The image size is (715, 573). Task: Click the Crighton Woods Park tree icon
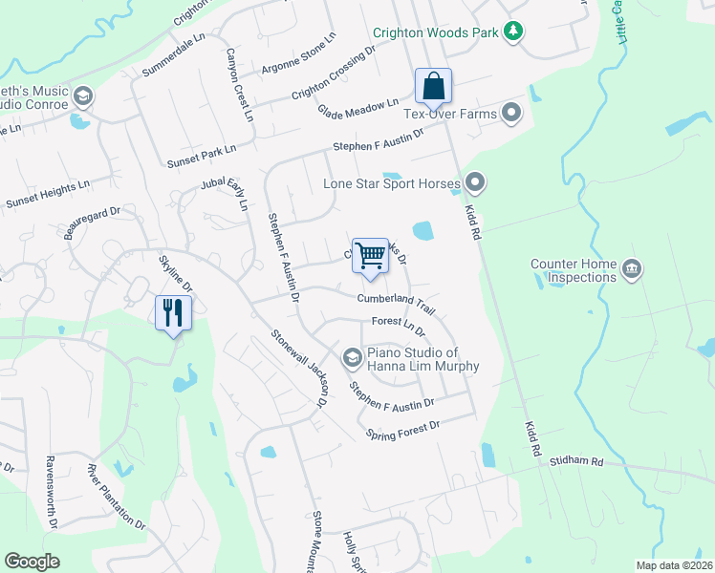513,32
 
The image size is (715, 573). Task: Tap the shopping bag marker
433,86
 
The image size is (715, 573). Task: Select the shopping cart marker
370,256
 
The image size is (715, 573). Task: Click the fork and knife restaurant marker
173,311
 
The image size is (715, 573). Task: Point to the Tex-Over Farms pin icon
512,115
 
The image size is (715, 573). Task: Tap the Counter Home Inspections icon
630,270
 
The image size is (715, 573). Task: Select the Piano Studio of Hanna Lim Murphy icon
352,358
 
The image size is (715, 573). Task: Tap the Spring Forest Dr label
402,431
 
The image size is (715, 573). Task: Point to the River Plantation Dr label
116,497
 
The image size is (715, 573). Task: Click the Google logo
32,562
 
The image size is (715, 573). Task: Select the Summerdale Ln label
174,55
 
